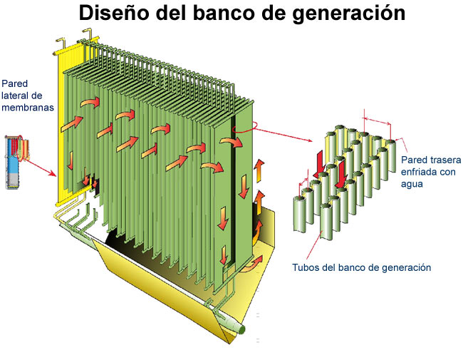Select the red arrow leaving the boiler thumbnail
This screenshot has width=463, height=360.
pos(42,168)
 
